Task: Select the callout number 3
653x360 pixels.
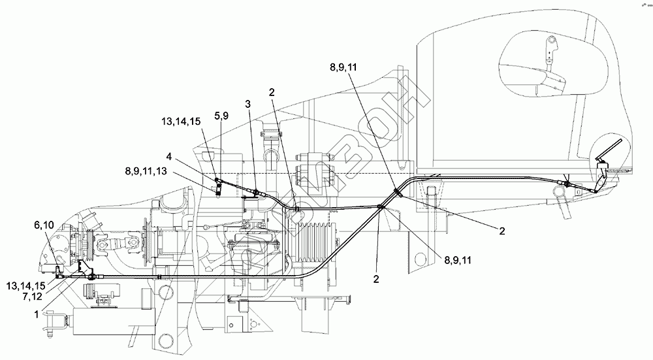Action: tap(248, 103)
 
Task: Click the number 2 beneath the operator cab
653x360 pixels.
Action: tap(502, 231)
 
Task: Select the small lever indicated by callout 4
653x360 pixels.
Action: tap(220, 186)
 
